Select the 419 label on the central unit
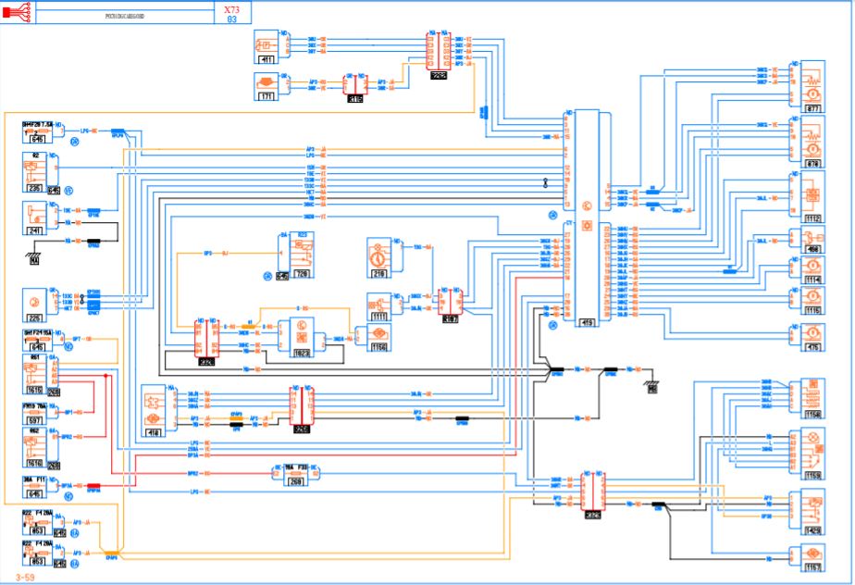pos(587,322)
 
